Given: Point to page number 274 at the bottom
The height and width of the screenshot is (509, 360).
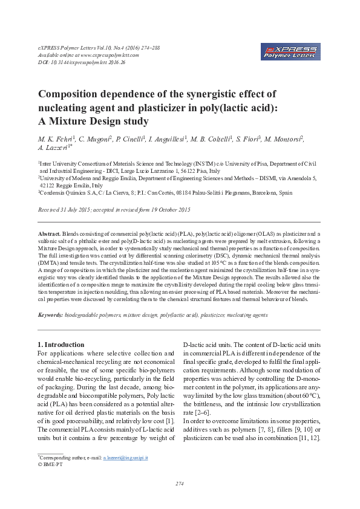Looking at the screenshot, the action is click(179, 484).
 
